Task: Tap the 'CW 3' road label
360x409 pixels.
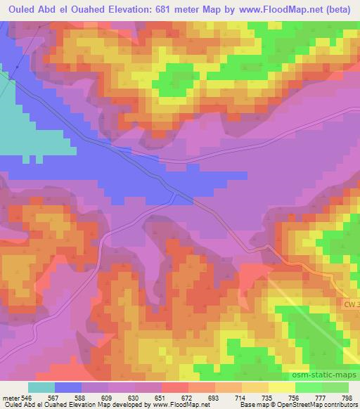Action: coord(351,304)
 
